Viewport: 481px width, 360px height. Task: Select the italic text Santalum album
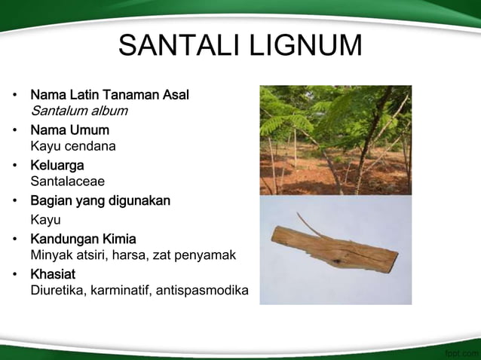point(78,111)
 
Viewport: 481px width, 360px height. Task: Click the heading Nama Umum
point(69,130)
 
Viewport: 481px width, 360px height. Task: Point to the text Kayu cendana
point(72,146)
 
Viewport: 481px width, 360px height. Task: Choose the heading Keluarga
point(57,165)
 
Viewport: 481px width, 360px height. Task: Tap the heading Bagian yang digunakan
point(100,200)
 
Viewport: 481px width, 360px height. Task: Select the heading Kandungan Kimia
point(83,239)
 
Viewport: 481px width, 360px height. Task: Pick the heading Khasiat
point(52,274)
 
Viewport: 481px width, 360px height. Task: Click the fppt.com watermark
point(461,352)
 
